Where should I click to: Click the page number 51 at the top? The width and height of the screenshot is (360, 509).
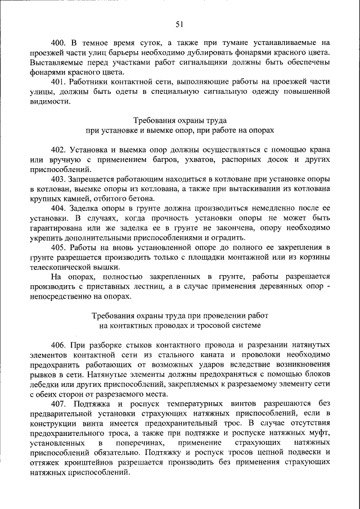[179, 24]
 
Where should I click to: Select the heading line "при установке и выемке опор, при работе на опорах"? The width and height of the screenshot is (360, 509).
[179, 130]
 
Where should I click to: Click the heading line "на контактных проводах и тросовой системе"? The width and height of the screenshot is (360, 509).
[179, 325]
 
